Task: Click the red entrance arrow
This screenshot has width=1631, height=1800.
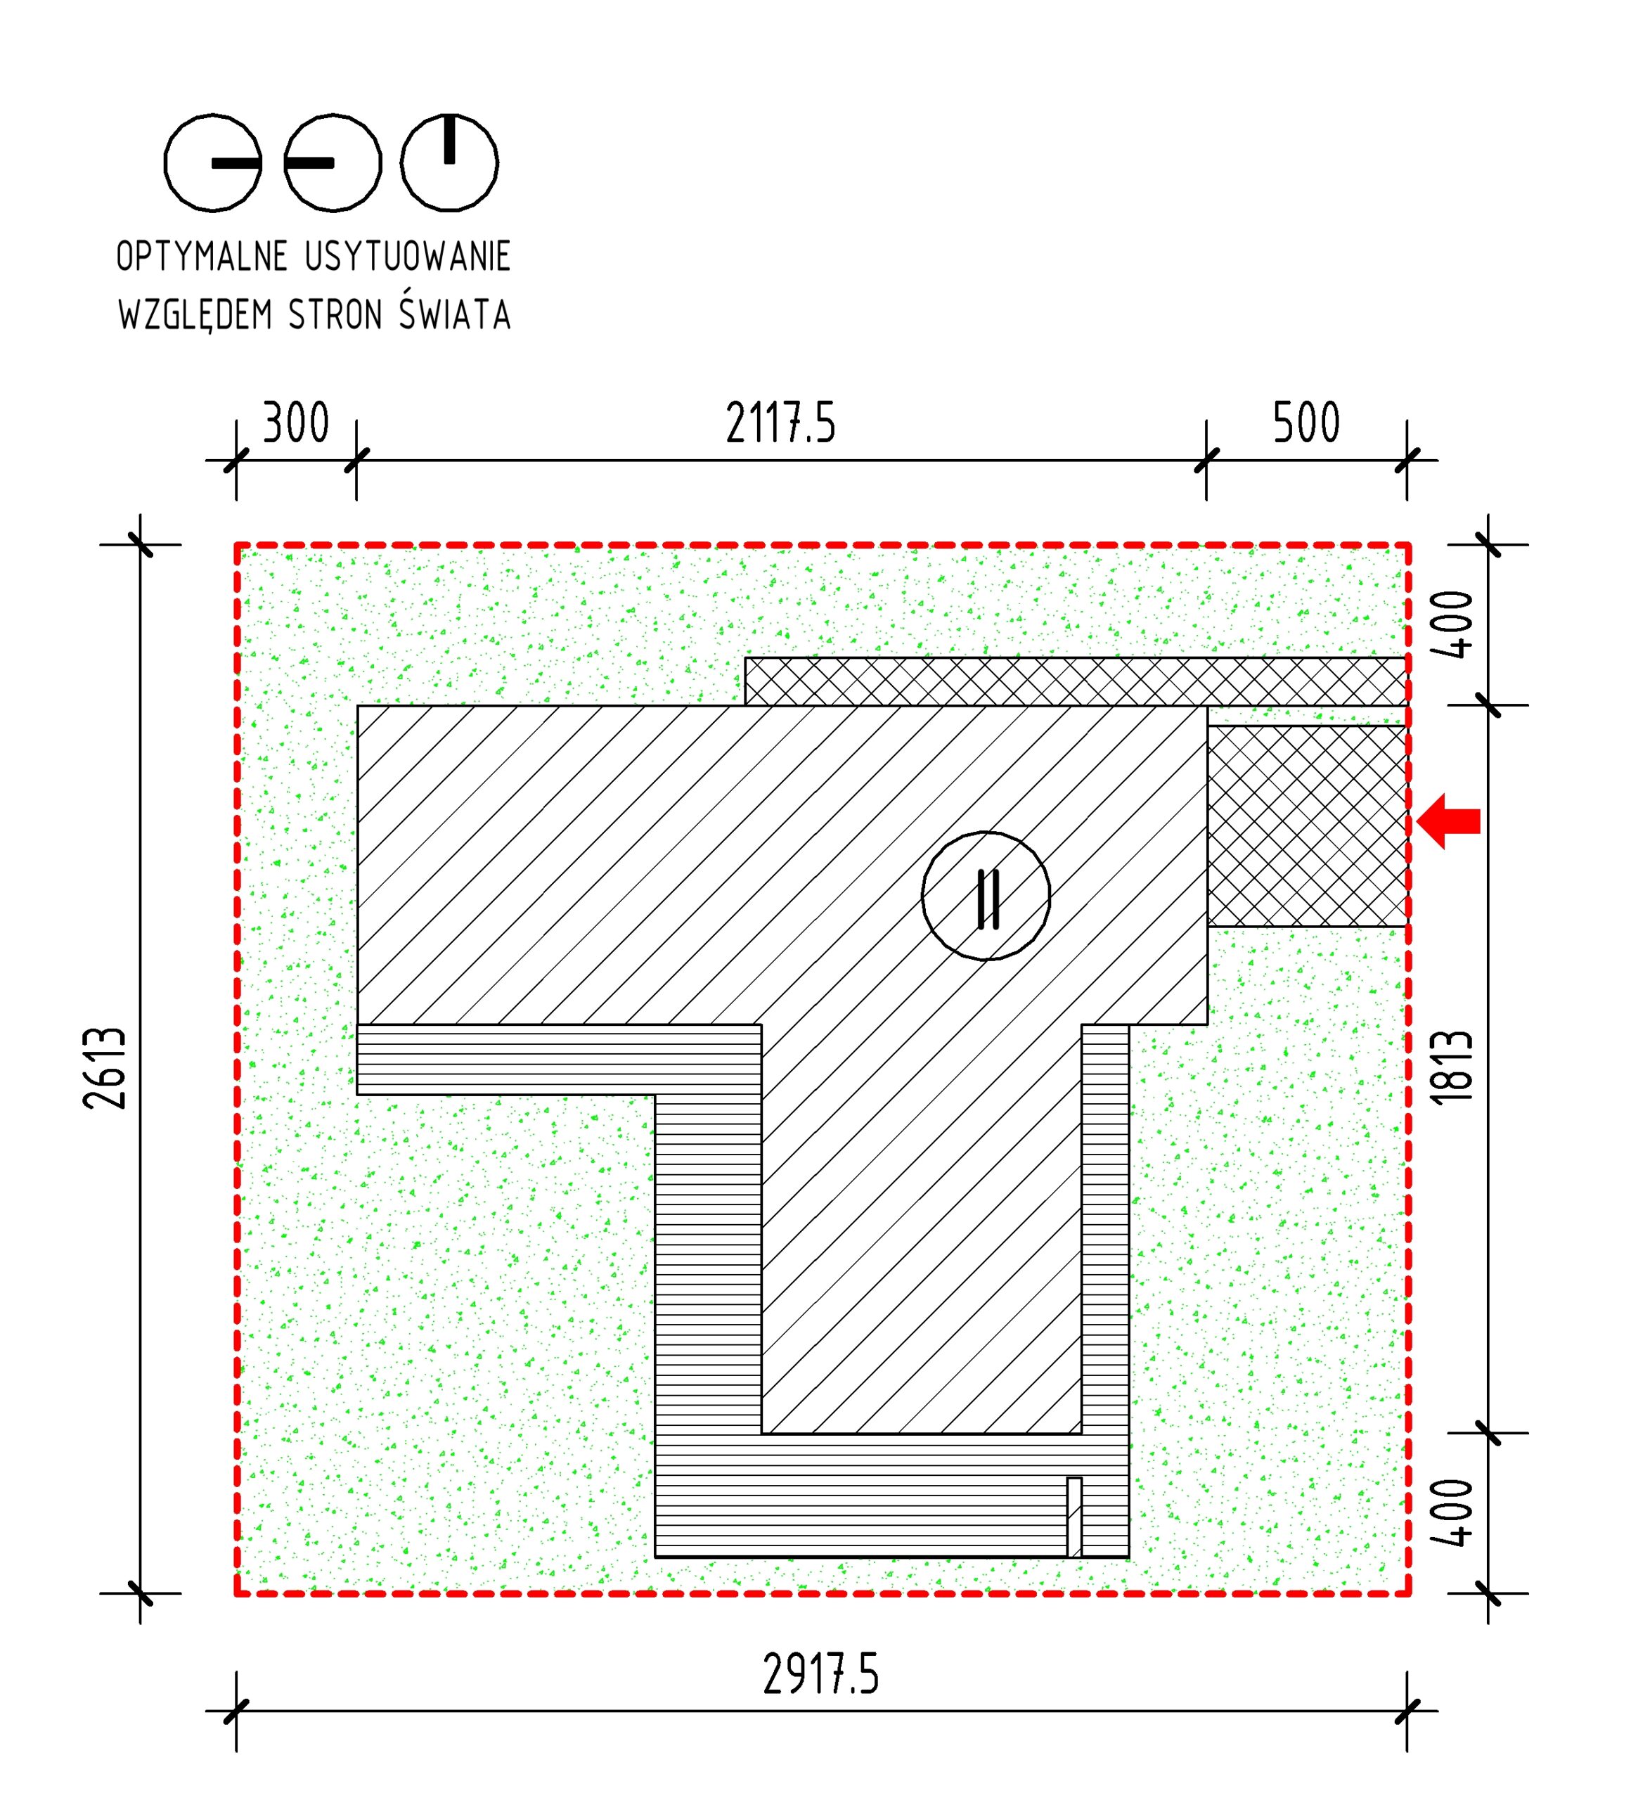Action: (x=1448, y=821)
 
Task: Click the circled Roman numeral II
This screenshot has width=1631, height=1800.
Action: (x=986, y=896)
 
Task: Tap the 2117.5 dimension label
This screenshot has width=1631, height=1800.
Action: (x=780, y=423)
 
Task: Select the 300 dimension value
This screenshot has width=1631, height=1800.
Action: (x=295, y=423)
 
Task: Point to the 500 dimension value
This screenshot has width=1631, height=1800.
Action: (x=1306, y=423)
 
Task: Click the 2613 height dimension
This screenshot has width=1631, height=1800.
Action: (x=105, y=1068)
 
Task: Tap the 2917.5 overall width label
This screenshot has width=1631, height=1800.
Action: (x=820, y=1674)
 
